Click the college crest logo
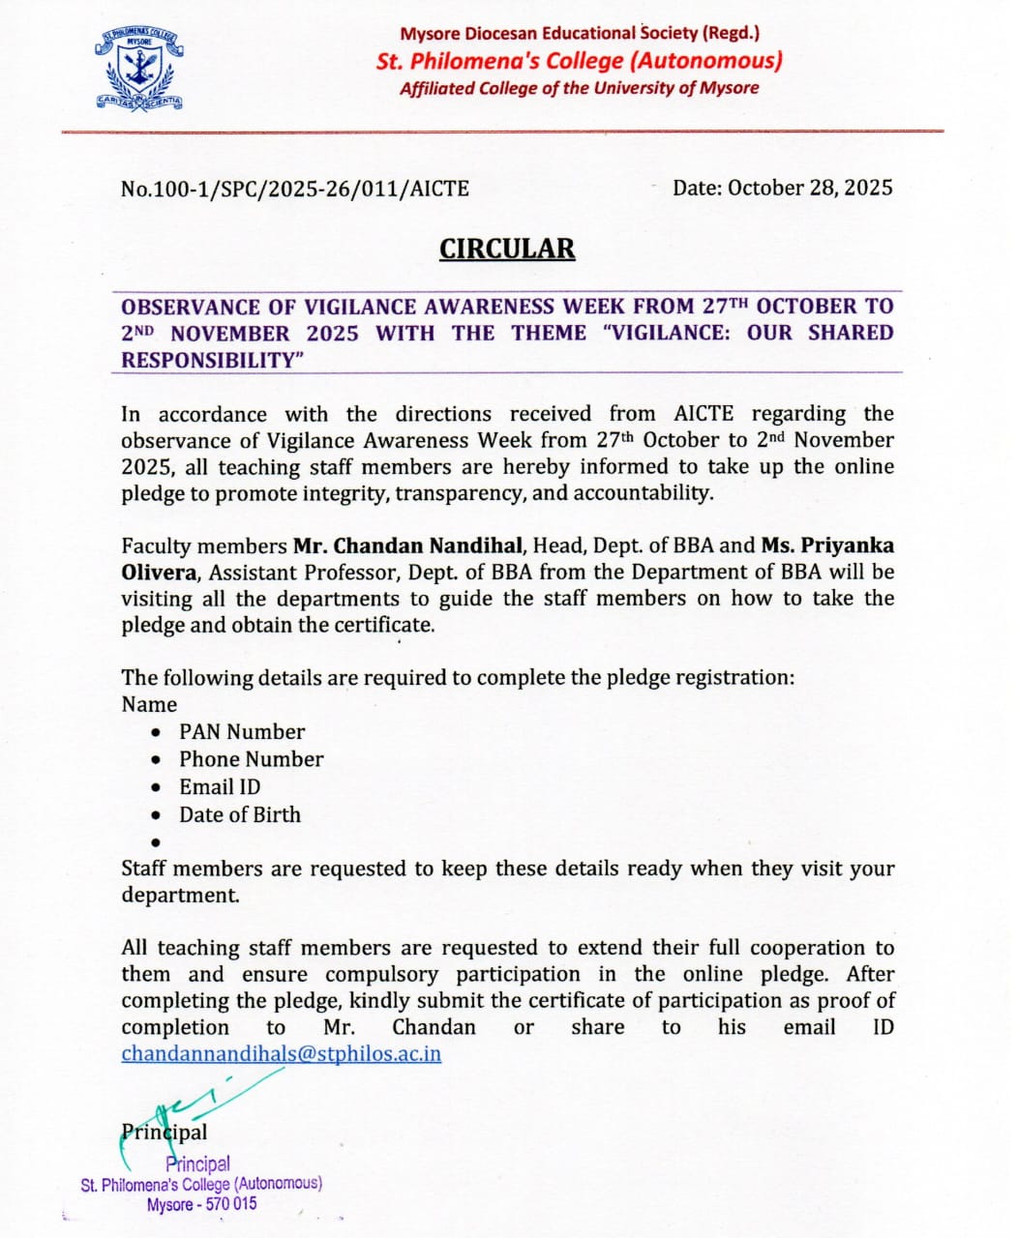[x=141, y=72]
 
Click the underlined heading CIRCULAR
[x=507, y=249]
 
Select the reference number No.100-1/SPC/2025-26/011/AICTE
[x=295, y=189]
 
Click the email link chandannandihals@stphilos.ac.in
[x=281, y=1053]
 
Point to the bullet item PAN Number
[x=242, y=731]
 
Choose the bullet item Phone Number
[x=251, y=759]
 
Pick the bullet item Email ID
[x=220, y=786]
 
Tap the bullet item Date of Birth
[x=239, y=814]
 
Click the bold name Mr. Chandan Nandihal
[x=409, y=545]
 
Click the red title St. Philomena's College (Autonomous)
[x=579, y=61]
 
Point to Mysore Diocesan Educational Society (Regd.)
[x=579, y=33]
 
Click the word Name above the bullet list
[x=149, y=704]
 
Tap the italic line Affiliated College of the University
[x=579, y=88]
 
